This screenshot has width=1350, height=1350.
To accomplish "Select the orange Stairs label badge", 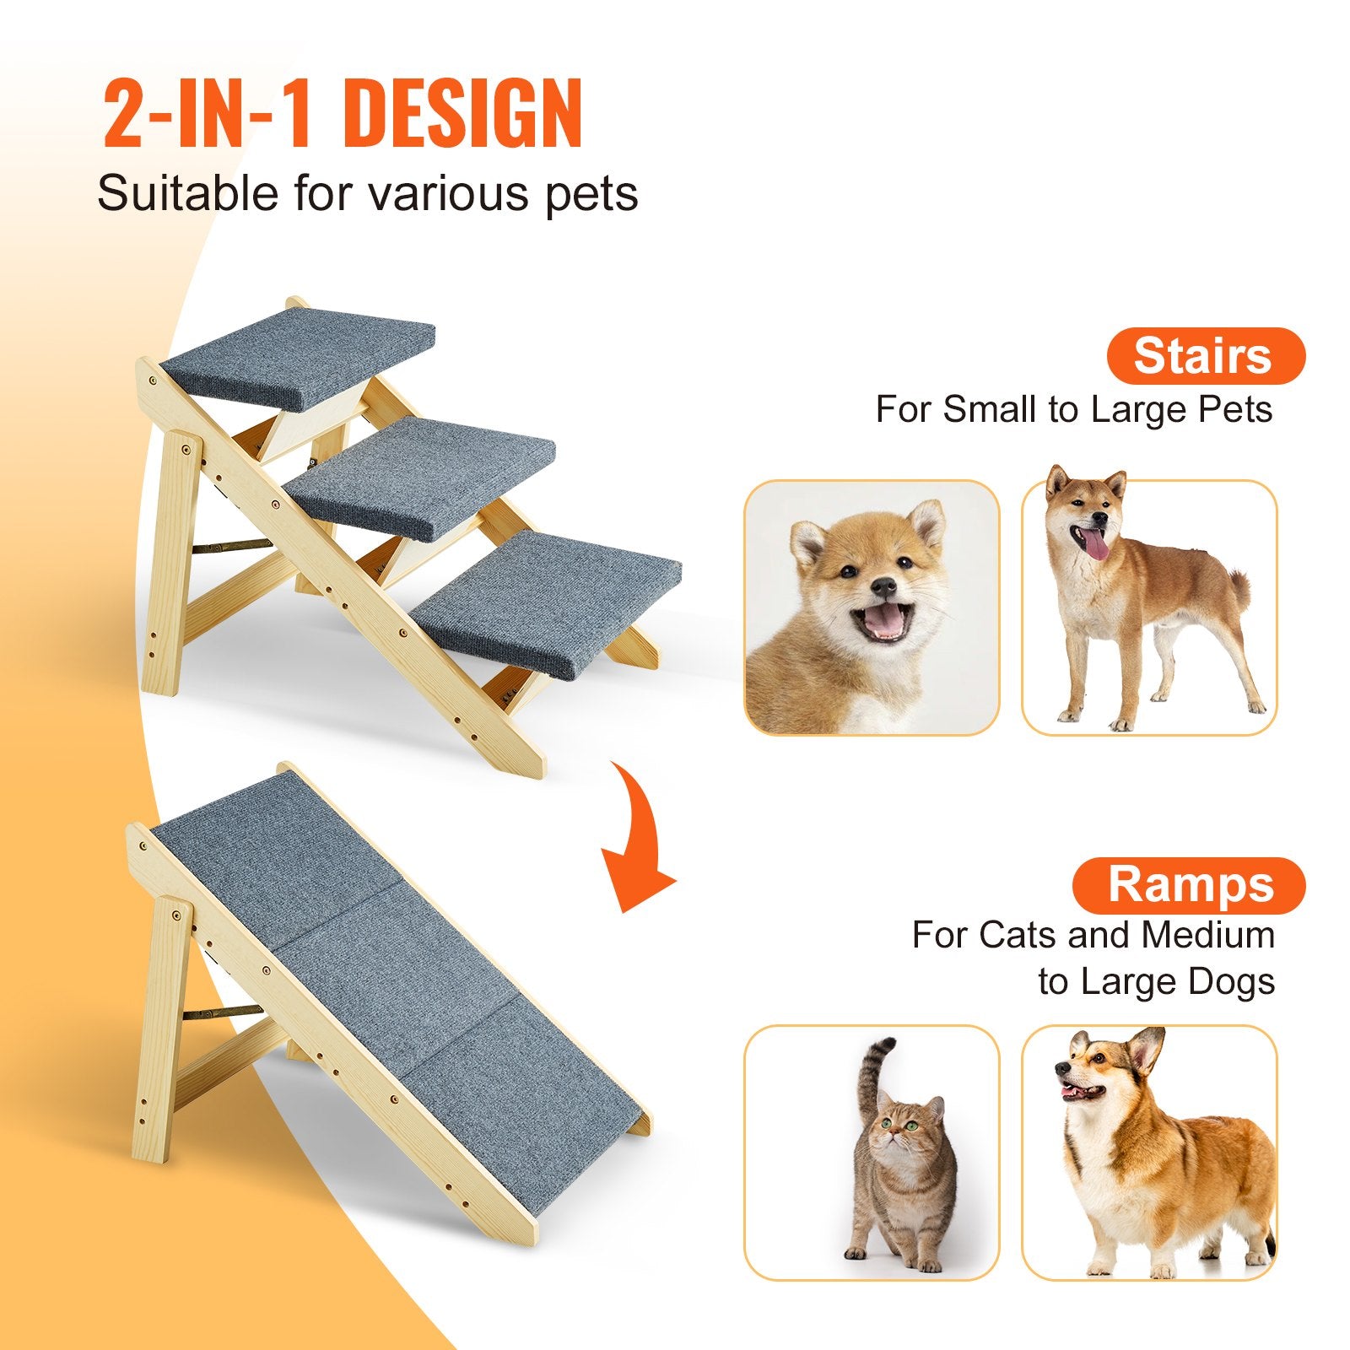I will pyautogui.click(x=1205, y=356).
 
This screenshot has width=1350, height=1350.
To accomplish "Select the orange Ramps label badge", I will pyautogui.click(x=1190, y=885).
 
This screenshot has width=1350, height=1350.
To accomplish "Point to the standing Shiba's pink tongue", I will pyautogui.click(x=1097, y=545).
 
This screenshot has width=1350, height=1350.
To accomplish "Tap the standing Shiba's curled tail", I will pyautogui.click(x=1239, y=585).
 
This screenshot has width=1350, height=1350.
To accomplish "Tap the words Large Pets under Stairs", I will pyautogui.click(x=1181, y=410).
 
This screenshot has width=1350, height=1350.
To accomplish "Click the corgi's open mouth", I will pyautogui.click(x=1082, y=1092).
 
